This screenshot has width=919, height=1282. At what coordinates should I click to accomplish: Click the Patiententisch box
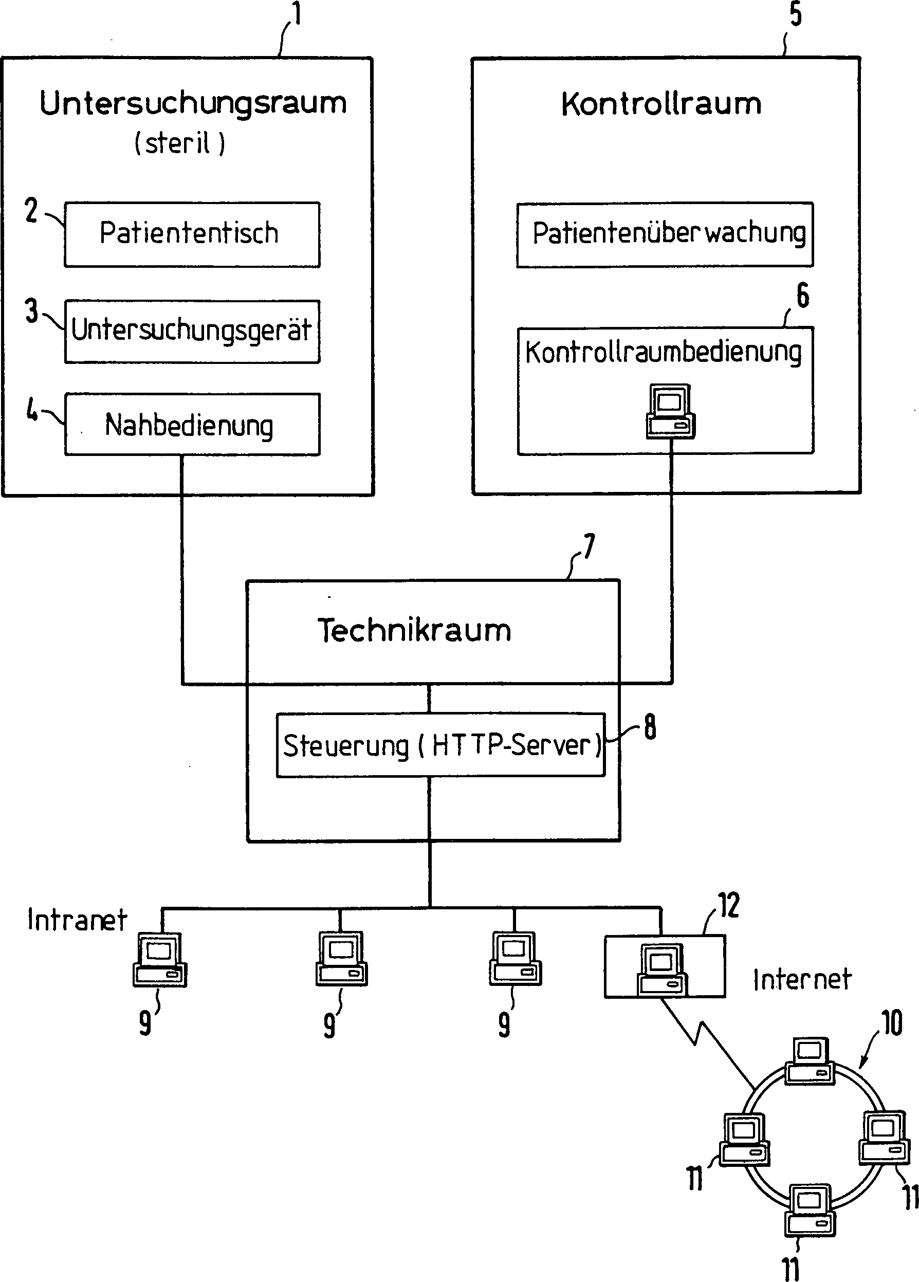click(192, 234)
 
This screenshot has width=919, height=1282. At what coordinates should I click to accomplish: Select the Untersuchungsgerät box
click(192, 331)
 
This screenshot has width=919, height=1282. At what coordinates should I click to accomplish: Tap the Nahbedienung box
click(192, 425)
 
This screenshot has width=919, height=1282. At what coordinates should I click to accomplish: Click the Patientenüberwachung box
click(665, 234)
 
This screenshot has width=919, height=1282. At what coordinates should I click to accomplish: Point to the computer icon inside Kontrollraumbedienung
click(670, 411)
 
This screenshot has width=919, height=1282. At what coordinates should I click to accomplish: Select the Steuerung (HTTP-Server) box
click(440, 745)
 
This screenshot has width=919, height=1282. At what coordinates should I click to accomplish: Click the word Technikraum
click(414, 630)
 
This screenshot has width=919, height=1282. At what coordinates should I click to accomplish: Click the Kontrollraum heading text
click(661, 104)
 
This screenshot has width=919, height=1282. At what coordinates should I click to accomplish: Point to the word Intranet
click(77, 920)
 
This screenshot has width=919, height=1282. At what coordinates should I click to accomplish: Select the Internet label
click(802, 979)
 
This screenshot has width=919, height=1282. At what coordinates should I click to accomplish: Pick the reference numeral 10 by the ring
click(892, 1022)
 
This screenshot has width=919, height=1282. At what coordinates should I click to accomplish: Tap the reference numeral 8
click(650, 726)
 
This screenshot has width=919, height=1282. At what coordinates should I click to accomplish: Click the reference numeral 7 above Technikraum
click(589, 546)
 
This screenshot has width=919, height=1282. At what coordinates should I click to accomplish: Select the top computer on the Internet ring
click(810, 1061)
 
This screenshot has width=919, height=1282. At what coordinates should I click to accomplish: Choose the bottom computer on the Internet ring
click(810, 1210)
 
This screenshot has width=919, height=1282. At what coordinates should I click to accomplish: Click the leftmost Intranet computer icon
click(160, 959)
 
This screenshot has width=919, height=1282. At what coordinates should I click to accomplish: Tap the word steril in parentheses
click(178, 142)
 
